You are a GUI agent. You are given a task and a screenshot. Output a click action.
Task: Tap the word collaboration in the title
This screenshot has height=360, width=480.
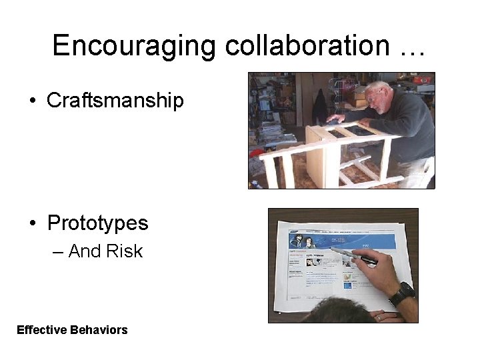tap(307, 45)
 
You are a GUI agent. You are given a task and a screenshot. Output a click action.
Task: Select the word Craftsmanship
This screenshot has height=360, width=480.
tap(115, 101)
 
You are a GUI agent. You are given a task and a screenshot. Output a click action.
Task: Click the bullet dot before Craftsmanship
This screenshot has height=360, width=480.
tap(32, 101)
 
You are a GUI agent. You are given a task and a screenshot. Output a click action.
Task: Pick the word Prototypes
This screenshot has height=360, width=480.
tap(97, 223)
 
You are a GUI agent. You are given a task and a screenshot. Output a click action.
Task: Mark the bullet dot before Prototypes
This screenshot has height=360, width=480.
tap(32, 223)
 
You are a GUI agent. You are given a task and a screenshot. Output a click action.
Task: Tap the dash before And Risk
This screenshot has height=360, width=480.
tap(57, 252)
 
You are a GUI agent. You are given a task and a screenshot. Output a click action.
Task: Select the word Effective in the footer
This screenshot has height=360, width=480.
tap(39, 330)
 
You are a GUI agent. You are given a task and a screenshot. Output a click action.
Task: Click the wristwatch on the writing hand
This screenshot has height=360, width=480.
tap(401, 293)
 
